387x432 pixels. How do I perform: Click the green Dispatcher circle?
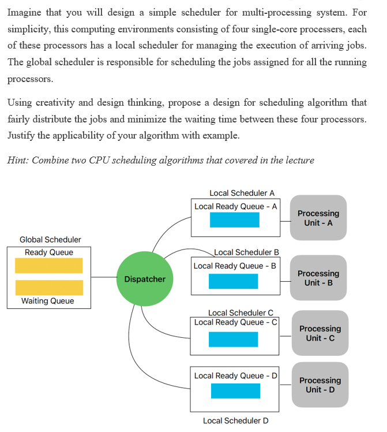coord(145,279)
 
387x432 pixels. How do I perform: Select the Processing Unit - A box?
coord(318,218)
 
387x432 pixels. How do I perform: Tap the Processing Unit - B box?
coord(318,278)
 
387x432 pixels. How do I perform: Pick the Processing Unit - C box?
coord(320,333)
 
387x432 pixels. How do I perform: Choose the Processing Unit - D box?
coord(320,385)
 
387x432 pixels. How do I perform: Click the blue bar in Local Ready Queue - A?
coord(234,220)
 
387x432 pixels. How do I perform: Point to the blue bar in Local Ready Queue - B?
coord(233,281)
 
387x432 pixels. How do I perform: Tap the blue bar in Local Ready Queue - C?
coord(233,340)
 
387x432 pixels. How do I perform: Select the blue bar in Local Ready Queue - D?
coord(235,391)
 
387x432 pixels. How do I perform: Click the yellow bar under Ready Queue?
coord(49,266)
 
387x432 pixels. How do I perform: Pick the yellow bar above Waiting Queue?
coord(49,288)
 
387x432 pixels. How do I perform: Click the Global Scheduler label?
coord(50,240)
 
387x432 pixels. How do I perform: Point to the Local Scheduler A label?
coord(242,193)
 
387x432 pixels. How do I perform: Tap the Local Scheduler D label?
coord(235,421)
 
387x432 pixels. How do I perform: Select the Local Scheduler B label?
coord(246,252)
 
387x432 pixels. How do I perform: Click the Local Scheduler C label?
coord(241,313)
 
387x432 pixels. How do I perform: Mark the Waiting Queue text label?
coord(47,301)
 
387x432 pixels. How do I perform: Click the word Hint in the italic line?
coord(18,160)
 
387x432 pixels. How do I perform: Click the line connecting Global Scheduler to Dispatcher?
coord(103,278)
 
